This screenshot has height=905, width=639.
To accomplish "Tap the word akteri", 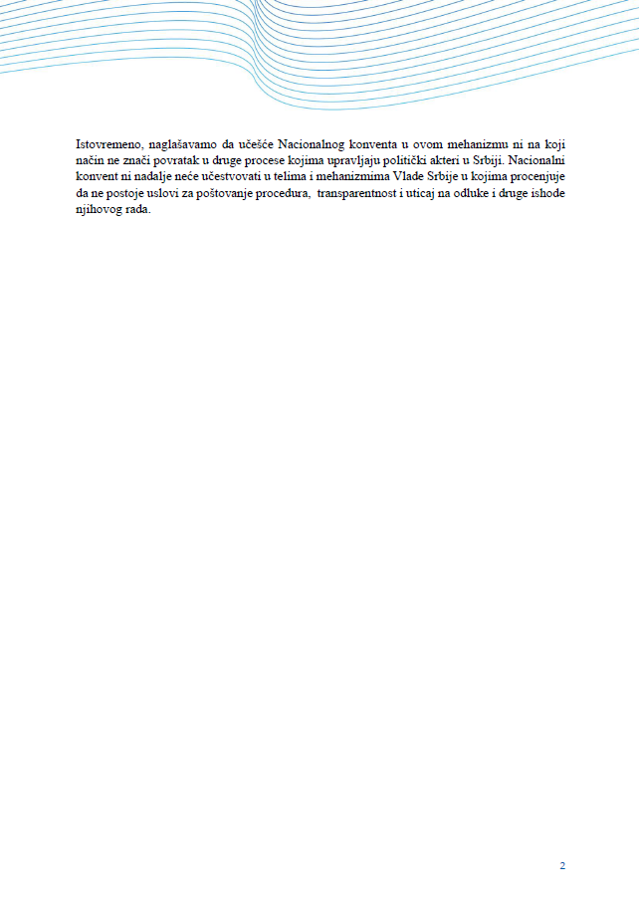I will click(460, 160).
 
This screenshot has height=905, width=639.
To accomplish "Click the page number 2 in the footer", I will click(562, 865).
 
